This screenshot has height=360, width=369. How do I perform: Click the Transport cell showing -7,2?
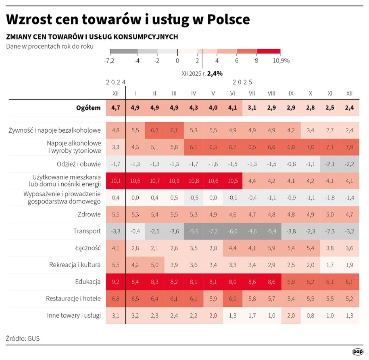pyautogui.click(x=213, y=231)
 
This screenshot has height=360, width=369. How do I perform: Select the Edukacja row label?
pyautogui.click(x=87, y=282)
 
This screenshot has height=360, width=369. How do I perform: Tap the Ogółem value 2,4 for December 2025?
pyautogui.click(x=349, y=108)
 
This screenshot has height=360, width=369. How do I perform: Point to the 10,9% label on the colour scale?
pyautogui.click(x=281, y=60)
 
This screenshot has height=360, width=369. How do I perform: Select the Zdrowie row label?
pyautogui.click(x=90, y=214)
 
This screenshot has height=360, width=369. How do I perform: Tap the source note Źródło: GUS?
pyautogui.click(x=23, y=338)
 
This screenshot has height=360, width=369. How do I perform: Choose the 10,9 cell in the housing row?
pyautogui.click(x=174, y=181)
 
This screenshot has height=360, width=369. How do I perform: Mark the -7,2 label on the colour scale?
pyautogui.click(x=110, y=60)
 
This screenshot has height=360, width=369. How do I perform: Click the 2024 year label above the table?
pyautogui.click(x=115, y=82)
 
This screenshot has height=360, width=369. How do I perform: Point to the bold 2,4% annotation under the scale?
pyautogui.click(x=215, y=73)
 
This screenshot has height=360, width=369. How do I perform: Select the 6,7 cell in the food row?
pyautogui.click(x=174, y=130)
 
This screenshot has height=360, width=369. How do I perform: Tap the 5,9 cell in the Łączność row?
pyautogui.click(x=271, y=248)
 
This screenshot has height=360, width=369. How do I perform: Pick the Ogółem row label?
pyautogui.click(x=88, y=108)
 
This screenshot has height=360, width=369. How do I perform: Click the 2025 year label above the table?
pyautogui.click(x=242, y=82)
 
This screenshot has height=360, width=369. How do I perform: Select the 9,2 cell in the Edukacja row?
pyautogui.click(x=115, y=282)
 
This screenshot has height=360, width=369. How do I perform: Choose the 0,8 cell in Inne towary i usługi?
pyautogui.click(x=310, y=315)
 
